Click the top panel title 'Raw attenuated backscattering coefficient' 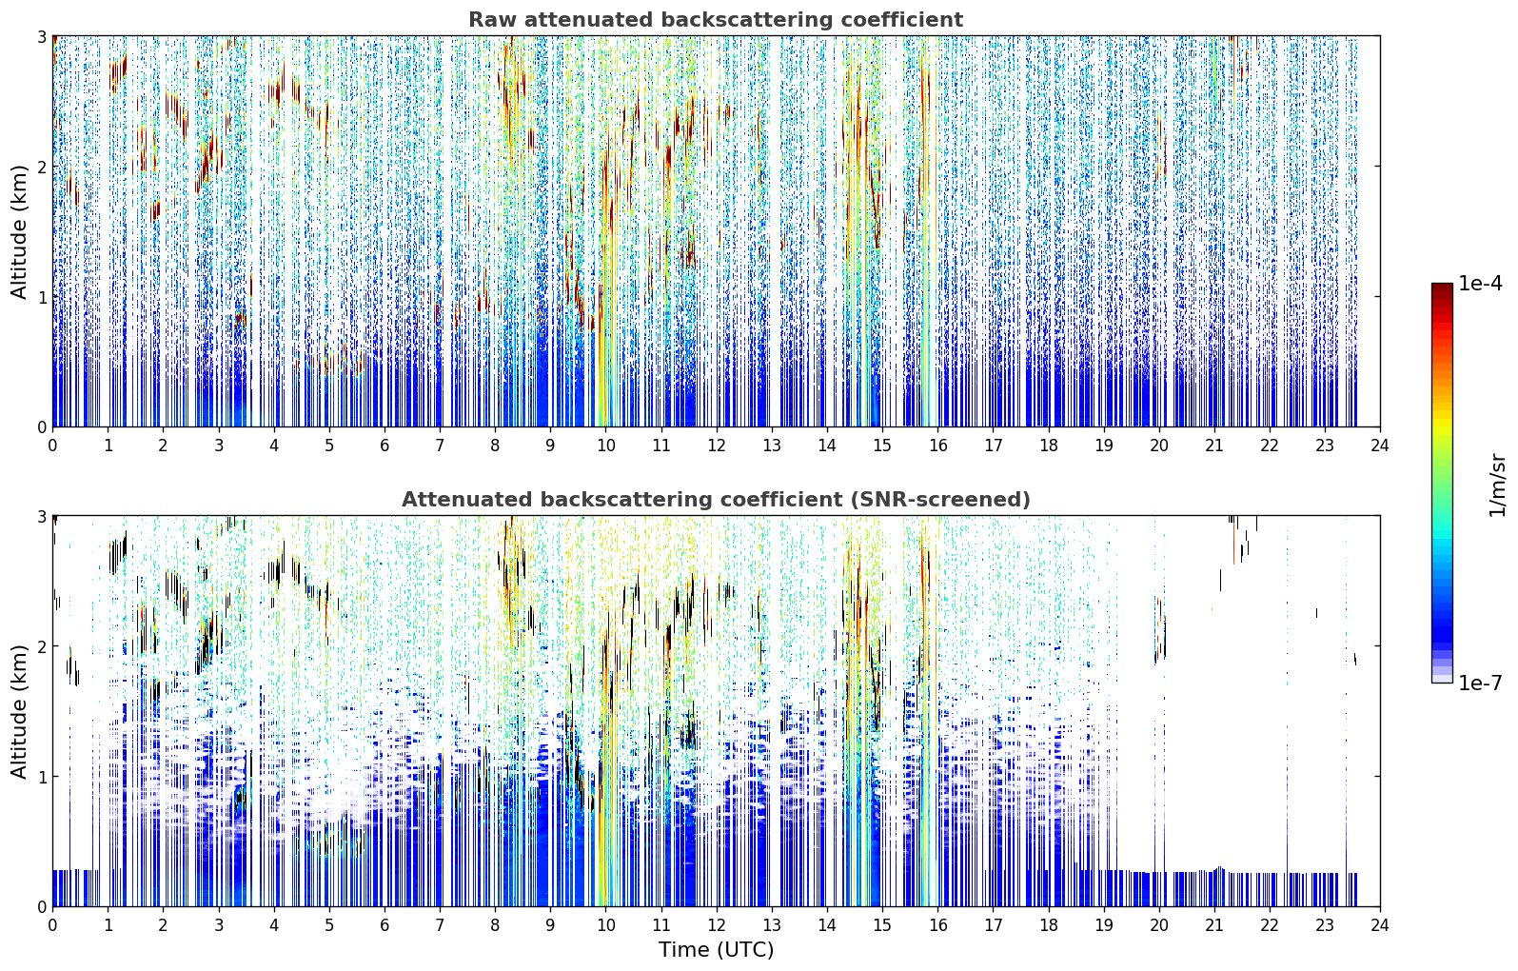716,20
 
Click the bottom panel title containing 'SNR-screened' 716,500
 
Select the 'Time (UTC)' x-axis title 716,949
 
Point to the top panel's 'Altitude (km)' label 19,232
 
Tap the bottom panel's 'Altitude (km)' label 19,712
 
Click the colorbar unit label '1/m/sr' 1497,485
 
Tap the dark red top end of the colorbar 1442,286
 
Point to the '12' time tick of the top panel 717,446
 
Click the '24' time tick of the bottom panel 1380,925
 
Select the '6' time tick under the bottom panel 384,925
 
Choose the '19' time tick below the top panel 1103,446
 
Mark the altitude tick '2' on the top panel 41,167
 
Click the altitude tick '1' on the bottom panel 41,777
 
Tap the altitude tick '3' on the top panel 41,36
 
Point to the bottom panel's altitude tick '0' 41,906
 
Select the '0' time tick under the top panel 53,446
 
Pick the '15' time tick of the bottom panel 882,925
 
